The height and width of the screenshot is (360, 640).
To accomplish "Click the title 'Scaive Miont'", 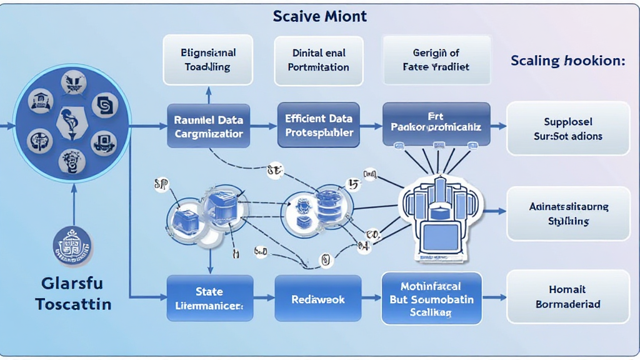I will click(x=319, y=16).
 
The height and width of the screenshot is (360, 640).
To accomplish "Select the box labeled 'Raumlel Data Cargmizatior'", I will click(x=209, y=126).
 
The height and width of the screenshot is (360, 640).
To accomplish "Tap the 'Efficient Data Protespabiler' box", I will click(x=318, y=125).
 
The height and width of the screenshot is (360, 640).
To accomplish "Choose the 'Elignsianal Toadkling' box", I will click(x=207, y=60).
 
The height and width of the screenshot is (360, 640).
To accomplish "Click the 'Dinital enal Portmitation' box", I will click(x=319, y=60).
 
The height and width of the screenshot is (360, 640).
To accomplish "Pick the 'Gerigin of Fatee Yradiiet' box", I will click(x=436, y=60).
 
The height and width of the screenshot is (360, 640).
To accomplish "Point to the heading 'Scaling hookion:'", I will click(x=567, y=61).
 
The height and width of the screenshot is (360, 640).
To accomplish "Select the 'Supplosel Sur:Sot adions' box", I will click(x=568, y=128).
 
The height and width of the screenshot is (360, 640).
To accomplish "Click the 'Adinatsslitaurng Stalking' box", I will click(x=568, y=214).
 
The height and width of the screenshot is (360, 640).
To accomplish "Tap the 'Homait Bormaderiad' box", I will click(x=568, y=297).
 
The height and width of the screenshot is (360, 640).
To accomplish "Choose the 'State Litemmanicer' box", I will click(x=209, y=298).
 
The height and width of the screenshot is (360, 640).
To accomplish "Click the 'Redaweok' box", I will click(x=319, y=299).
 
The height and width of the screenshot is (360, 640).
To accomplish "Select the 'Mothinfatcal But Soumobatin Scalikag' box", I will click(x=431, y=298).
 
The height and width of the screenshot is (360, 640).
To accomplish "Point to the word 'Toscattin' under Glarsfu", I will click(x=73, y=304).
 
